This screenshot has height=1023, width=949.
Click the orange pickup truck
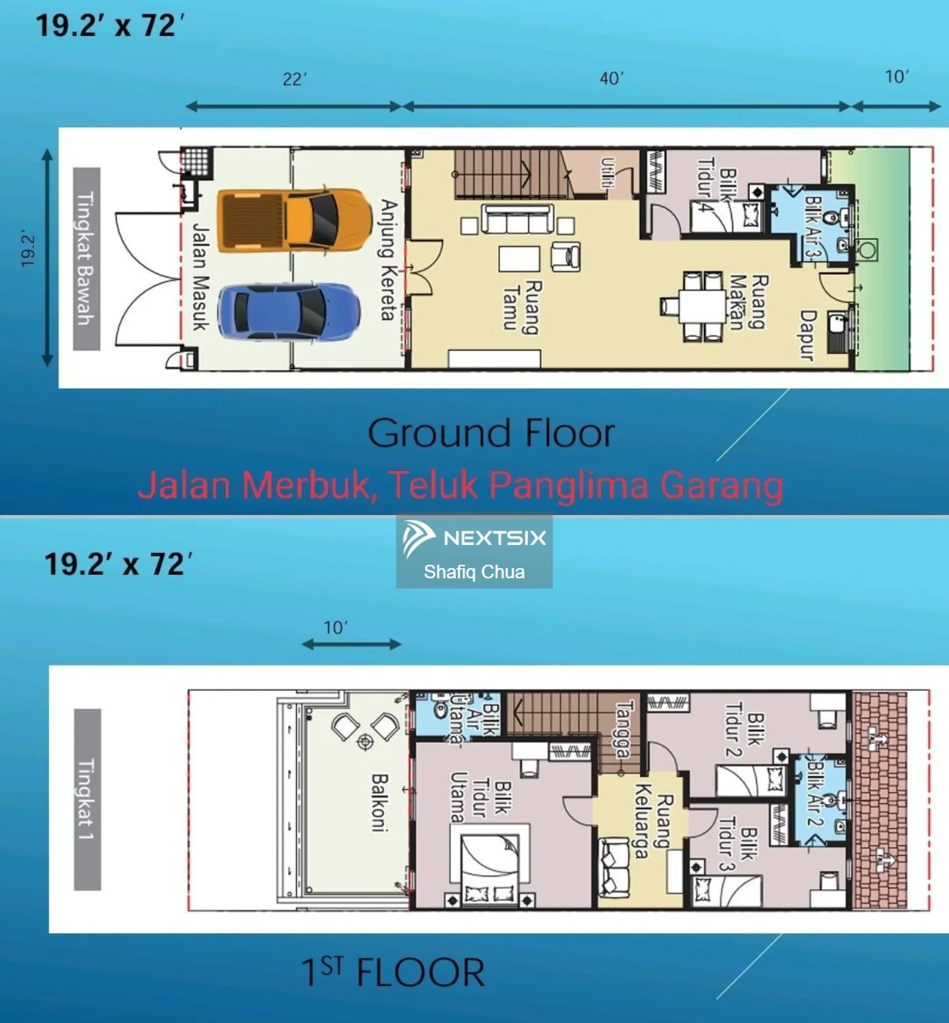[294, 220]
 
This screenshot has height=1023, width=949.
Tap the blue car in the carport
[289, 312]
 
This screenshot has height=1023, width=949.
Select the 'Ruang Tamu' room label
[522, 308]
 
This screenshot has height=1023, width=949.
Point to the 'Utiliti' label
[608, 173]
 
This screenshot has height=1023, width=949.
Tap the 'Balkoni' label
[380, 803]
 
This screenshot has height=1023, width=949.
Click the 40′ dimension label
[612, 79]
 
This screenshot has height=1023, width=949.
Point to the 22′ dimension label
[295, 79]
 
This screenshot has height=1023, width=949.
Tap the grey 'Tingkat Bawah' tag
[86, 258]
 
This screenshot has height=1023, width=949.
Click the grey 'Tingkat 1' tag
[87, 799]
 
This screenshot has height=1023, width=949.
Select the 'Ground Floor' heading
[491, 433]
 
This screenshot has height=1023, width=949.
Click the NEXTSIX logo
[473, 538]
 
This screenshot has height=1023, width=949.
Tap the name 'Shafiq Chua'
[474, 572]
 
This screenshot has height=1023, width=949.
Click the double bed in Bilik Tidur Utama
[490, 865]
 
